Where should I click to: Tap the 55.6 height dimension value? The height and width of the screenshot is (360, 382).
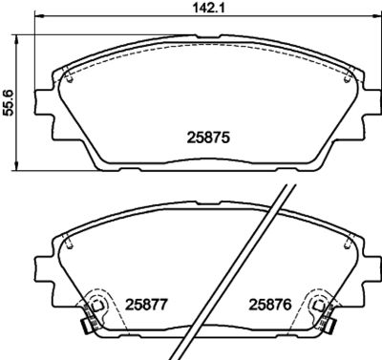coord(8,102)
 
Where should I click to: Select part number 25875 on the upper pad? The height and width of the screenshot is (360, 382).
coord(208,138)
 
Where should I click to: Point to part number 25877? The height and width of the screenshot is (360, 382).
coord(146,305)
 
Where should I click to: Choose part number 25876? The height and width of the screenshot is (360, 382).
coord(270,305)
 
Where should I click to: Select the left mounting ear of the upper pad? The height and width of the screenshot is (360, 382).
coord(44,102)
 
